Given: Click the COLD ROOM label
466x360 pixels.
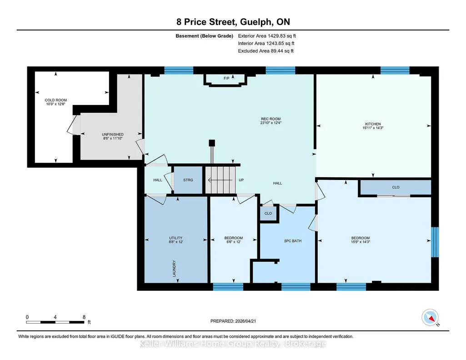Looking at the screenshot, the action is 56,100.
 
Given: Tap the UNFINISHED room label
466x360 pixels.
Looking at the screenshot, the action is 113,134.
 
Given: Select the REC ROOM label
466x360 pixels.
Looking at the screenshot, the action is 271,119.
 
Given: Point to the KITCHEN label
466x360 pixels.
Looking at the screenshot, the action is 373,124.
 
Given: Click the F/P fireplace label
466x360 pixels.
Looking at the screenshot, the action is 226,78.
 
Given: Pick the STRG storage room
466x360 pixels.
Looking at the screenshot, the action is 188,180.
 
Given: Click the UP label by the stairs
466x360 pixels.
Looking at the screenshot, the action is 241,180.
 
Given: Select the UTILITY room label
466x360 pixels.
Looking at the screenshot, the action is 175,238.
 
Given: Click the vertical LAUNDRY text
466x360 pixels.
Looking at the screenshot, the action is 174,269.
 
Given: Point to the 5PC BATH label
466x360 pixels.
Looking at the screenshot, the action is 293,241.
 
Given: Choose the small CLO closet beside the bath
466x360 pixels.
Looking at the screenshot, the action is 268,213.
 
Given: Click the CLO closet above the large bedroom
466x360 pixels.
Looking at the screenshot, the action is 396,187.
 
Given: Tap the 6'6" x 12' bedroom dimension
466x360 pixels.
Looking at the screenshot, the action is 234,242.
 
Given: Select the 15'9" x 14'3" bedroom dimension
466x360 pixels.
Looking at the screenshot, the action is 361,242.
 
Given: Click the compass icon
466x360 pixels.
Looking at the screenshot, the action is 430,317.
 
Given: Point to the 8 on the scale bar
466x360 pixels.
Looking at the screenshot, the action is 84,317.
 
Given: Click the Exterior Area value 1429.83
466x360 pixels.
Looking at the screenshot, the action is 276,36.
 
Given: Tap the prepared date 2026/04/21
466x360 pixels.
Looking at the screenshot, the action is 246,321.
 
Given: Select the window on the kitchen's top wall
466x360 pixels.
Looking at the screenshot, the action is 395,70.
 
